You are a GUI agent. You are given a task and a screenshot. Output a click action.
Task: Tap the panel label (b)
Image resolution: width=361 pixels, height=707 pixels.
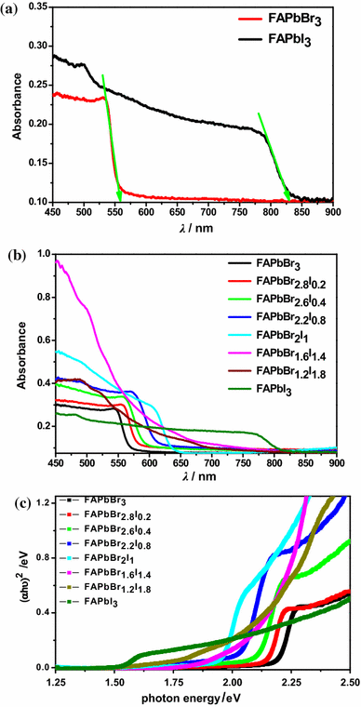click(x=14, y=244)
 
